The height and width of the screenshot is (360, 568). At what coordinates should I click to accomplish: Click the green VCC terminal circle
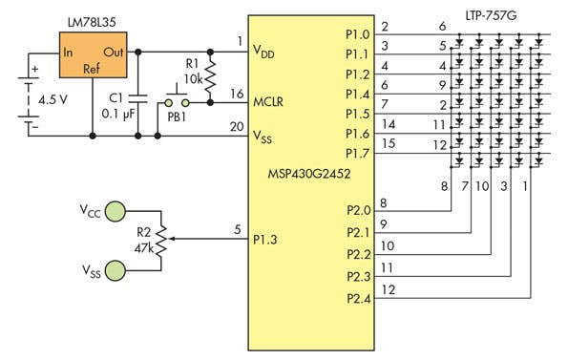coord(115,208)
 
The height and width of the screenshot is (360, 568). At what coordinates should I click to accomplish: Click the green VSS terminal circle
coord(115,271)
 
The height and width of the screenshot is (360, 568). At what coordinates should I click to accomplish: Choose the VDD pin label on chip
coord(263,53)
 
